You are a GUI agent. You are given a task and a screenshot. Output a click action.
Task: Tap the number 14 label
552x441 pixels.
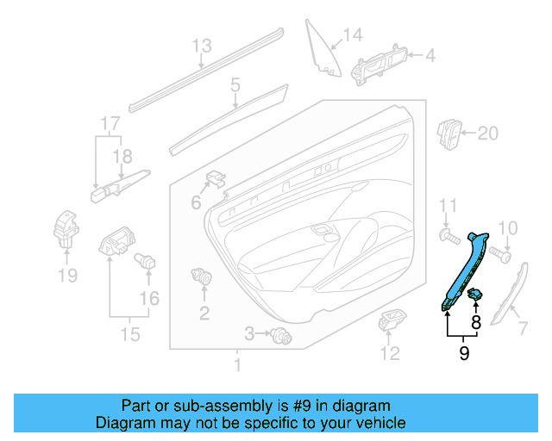(353, 35)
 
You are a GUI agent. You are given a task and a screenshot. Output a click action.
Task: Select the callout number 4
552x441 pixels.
(430, 56)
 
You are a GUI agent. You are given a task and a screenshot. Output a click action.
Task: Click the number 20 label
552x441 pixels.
(488, 134)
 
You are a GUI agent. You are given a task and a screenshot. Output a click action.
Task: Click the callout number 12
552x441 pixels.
(391, 352)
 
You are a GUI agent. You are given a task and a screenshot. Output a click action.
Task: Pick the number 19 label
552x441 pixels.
(67, 276)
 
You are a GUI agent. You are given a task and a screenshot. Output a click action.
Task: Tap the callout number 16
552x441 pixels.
(150, 298)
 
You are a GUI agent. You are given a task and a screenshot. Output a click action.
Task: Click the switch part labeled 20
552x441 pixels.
(451, 134)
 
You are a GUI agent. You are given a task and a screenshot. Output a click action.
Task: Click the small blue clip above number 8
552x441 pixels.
(475, 295)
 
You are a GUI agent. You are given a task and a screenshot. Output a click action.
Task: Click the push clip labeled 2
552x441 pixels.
(204, 278)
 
